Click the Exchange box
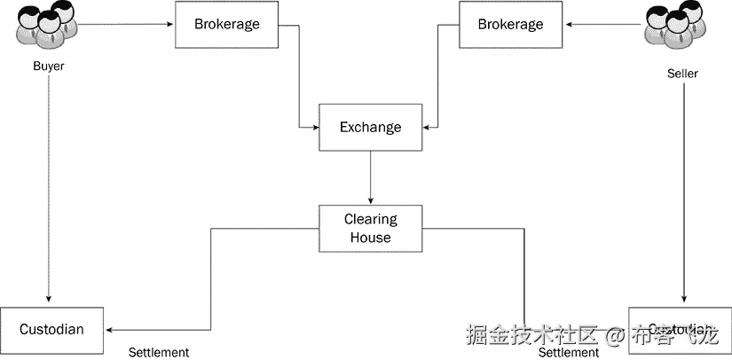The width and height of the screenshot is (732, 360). (x=370, y=128)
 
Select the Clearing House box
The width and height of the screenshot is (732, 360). (x=370, y=228)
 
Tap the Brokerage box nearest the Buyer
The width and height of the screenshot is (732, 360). (x=227, y=25)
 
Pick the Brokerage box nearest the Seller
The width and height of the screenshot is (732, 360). (x=510, y=25)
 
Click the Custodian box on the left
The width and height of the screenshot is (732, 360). (x=52, y=330)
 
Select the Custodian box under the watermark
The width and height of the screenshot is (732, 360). (x=680, y=330)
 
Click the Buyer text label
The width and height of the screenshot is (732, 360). (x=48, y=67)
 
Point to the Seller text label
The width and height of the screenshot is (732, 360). (x=682, y=74)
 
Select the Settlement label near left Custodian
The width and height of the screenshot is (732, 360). (x=159, y=352)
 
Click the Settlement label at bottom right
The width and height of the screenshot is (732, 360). (x=569, y=352)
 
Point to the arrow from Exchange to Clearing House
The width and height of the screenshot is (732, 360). (x=370, y=177)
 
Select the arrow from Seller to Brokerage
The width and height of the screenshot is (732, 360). (x=603, y=24)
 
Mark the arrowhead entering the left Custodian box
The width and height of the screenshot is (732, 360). (x=111, y=329)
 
